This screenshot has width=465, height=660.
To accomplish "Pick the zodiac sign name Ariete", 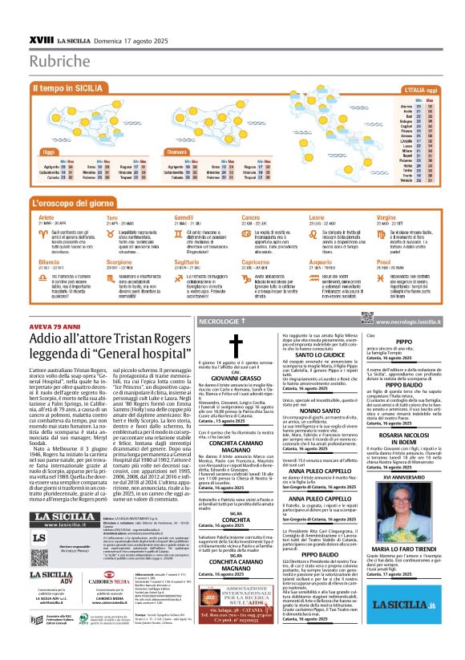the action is point(46,217).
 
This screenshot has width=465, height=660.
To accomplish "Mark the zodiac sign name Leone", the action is point(318,217).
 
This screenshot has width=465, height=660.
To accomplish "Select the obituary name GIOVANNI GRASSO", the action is point(235,376).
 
